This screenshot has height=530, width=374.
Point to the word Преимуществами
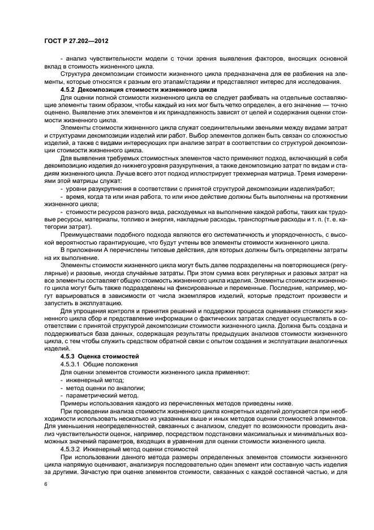click(85, 232)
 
